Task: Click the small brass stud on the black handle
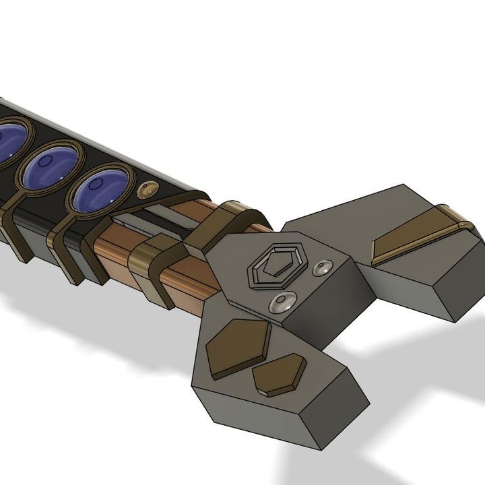(144, 191)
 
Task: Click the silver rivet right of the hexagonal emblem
(323, 269)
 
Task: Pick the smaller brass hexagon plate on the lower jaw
(280, 375)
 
